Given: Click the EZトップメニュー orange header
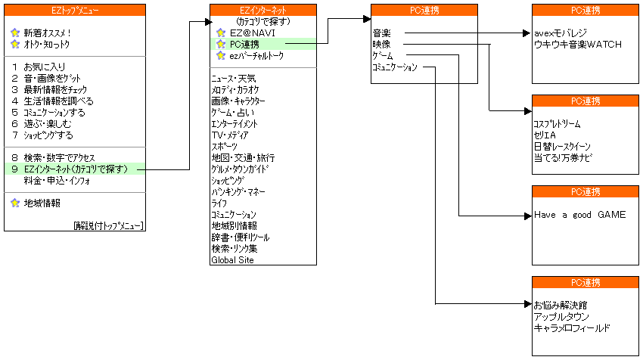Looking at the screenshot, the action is click(x=75, y=11).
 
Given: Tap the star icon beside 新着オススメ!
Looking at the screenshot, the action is click(x=15, y=33).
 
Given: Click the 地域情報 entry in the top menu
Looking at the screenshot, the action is click(x=42, y=203).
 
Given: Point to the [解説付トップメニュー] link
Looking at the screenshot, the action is click(x=109, y=225).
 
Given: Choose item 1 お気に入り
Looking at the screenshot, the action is click(x=39, y=67).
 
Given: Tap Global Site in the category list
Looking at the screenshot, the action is click(x=232, y=260).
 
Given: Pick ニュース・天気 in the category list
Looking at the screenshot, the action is click(x=233, y=79).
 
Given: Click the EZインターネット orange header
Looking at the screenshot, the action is click(x=263, y=11).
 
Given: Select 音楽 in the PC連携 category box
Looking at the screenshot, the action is click(x=381, y=33).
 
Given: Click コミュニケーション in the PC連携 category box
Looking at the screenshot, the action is click(x=394, y=67).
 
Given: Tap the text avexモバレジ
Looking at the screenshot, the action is click(x=561, y=33).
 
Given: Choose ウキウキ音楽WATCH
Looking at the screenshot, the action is click(x=578, y=45).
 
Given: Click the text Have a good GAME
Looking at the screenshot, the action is click(x=580, y=215).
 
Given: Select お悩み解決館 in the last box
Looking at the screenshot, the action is click(x=561, y=305).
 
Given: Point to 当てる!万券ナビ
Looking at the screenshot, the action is click(x=563, y=158).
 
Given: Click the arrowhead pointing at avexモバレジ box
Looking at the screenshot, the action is click(x=528, y=33).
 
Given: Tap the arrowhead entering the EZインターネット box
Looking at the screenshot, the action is click(x=208, y=22).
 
